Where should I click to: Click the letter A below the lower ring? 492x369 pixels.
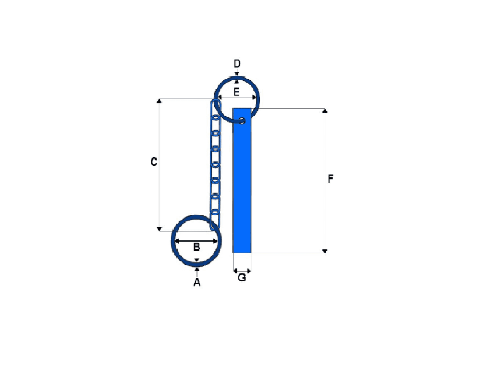pyautogui.click(x=197, y=283)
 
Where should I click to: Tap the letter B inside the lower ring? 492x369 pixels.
pyautogui.click(x=197, y=247)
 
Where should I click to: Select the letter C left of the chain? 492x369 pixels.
pyautogui.click(x=154, y=162)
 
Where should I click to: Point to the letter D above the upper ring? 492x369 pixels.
pyautogui.click(x=237, y=63)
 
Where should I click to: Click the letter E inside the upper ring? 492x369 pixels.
pyautogui.click(x=236, y=92)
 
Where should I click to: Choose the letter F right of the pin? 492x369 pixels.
pyautogui.click(x=330, y=179)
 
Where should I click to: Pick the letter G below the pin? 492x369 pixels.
pyautogui.click(x=242, y=277)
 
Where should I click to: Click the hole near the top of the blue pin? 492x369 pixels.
pyautogui.click(x=243, y=119)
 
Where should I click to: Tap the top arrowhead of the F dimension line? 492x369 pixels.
pyautogui.click(x=325, y=111)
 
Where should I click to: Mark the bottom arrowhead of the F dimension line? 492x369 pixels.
pyautogui.click(x=325, y=250)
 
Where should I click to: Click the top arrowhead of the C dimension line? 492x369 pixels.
pyautogui.click(x=160, y=101)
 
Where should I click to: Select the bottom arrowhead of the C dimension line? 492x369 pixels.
pyautogui.click(x=160, y=229)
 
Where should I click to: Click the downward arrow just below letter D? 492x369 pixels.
pyautogui.click(x=237, y=73)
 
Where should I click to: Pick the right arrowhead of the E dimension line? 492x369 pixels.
pyautogui.click(x=254, y=97)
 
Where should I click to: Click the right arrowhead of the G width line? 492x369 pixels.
pyautogui.click(x=249, y=271)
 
